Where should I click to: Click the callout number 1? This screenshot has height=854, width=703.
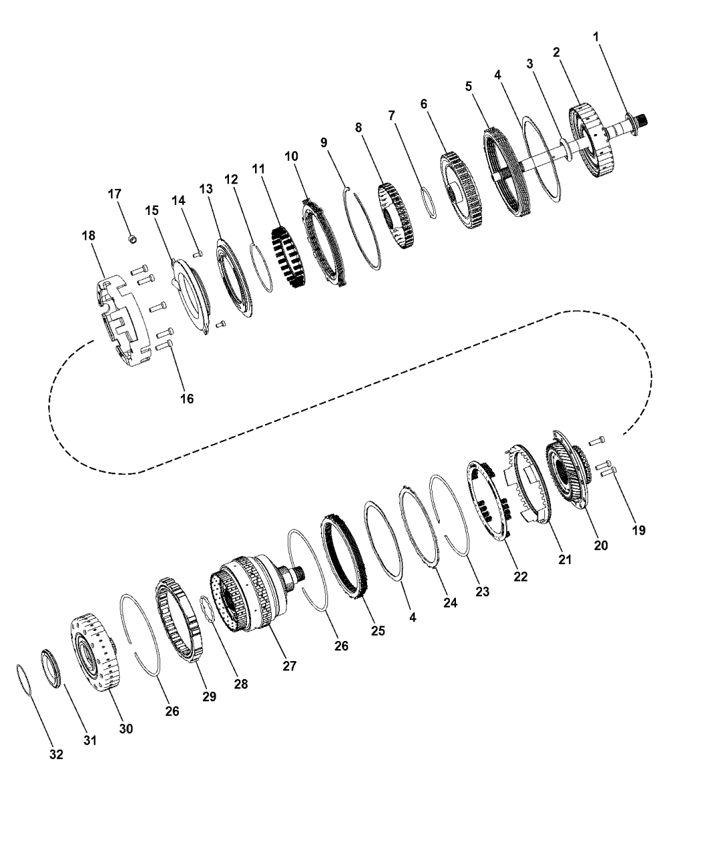[x=596, y=37]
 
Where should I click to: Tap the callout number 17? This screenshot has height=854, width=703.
[x=115, y=194]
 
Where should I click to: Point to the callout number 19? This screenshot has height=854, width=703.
[x=639, y=530]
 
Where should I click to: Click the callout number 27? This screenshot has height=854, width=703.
[x=289, y=666]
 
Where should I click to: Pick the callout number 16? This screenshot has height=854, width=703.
[x=187, y=399]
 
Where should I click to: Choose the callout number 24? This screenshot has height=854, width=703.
[x=451, y=603]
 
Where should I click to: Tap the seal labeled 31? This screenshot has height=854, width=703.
[x=51, y=667]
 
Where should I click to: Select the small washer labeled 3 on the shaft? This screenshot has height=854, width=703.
[x=565, y=149]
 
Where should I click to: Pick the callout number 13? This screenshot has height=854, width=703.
[x=206, y=189]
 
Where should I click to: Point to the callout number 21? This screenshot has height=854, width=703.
[x=565, y=559]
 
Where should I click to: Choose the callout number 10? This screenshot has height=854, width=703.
[x=292, y=156]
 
